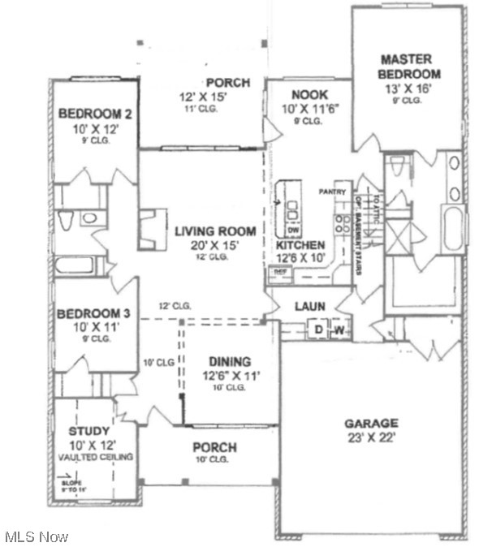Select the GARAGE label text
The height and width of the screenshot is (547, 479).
pos(370,423)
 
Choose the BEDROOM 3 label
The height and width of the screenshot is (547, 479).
pos(95,313)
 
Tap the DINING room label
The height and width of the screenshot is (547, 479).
pos(229,361)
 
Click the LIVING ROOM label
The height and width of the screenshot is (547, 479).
pos(215,231)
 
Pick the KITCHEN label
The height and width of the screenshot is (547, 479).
pos(300,245)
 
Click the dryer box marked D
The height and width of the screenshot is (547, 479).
pos(318,329)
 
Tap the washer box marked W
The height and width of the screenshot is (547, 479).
pos(339,329)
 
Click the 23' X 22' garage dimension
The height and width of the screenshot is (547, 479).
pos(370,438)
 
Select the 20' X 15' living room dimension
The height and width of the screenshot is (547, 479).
pos(215,245)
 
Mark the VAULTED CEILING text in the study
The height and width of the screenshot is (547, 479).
pos(95,457)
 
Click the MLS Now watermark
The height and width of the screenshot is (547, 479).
pos(37,536)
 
